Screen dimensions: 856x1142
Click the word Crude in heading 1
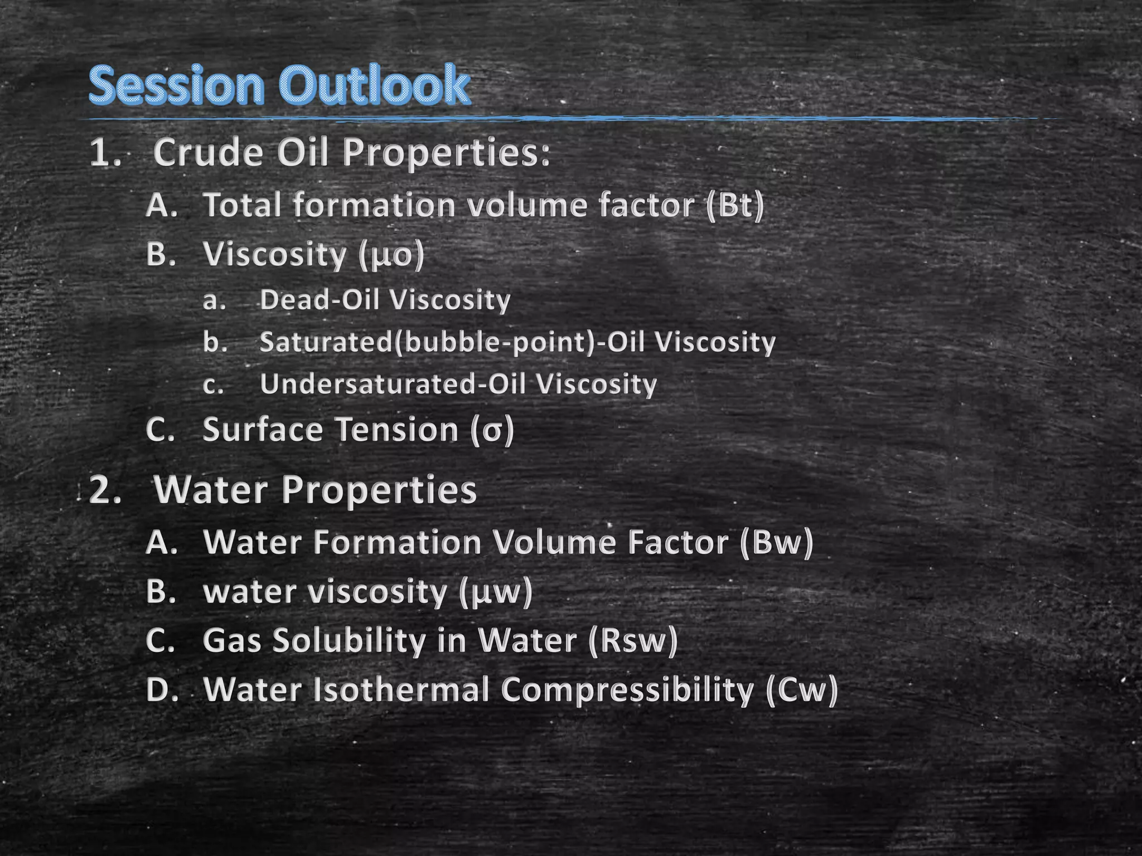pos(208,153)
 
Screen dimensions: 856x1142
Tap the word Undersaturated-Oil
pos(396,385)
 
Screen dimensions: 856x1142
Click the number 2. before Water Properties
pos(105,490)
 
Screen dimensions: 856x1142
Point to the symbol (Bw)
pos(777,542)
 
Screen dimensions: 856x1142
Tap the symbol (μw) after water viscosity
pos(496,592)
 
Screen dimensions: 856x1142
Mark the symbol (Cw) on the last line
pos(801,690)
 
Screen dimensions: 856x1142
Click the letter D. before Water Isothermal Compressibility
pos(162,690)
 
